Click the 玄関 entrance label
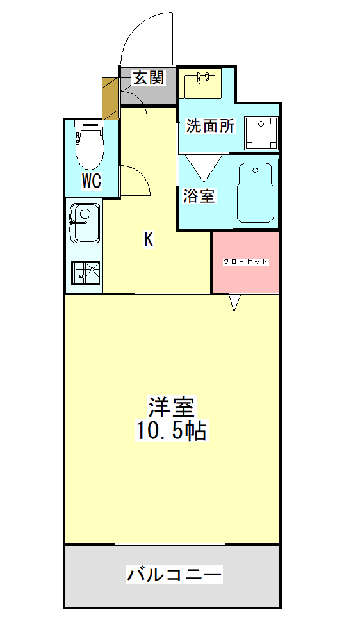[x=149, y=77]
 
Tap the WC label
[x=92, y=181]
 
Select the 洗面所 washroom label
[x=210, y=126]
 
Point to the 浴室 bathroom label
[x=199, y=197]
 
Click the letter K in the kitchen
[x=149, y=240]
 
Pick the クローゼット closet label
[x=246, y=262]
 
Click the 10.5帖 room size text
[x=170, y=431]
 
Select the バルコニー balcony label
[x=174, y=574]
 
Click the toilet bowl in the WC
[x=90, y=146]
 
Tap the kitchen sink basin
[x=85, y=223]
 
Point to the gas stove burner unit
[x=86, y=273]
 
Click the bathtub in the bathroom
[x=256, y=193]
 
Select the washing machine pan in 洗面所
[x=261, y=133]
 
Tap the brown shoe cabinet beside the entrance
[x=110, y=99]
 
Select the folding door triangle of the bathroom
[x=204, y=168]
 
